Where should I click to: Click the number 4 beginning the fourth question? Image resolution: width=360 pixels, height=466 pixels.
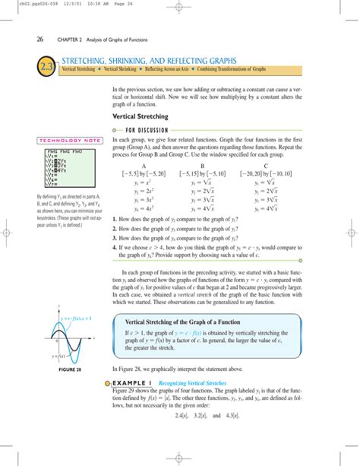[x=113, y=247]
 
